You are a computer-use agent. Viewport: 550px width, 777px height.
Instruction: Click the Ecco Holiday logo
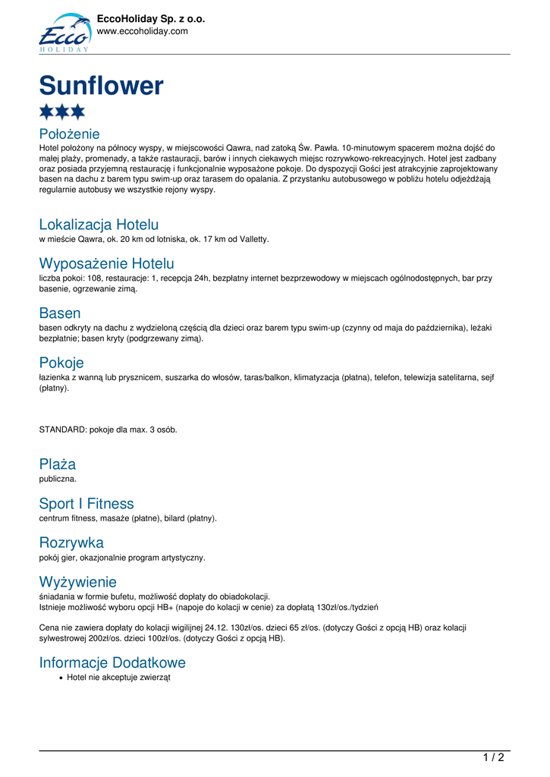64,33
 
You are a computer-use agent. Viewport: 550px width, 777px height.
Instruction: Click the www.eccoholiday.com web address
142,31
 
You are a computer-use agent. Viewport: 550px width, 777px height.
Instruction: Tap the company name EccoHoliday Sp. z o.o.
151,18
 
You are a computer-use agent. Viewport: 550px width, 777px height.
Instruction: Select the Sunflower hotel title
101,86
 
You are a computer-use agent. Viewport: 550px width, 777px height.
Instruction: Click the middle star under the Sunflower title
62,112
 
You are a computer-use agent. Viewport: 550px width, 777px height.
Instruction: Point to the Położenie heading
69,134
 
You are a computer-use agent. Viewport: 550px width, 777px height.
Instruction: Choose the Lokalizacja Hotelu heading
99,225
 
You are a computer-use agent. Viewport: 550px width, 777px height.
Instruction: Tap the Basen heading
60,313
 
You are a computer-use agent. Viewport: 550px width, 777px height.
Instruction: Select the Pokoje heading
61,363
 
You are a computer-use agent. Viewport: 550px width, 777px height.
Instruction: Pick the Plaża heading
58,464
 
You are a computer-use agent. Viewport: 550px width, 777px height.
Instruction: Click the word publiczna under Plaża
58,479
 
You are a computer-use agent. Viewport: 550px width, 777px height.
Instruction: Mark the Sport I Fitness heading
86,504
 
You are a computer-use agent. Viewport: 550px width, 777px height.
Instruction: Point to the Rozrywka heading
71,543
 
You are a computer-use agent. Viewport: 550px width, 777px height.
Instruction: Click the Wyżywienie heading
78,583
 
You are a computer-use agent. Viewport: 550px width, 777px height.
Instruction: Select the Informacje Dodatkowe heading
112,662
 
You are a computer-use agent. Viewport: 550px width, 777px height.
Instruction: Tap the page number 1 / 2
493,757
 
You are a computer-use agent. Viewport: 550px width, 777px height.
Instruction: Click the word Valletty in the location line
253,239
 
